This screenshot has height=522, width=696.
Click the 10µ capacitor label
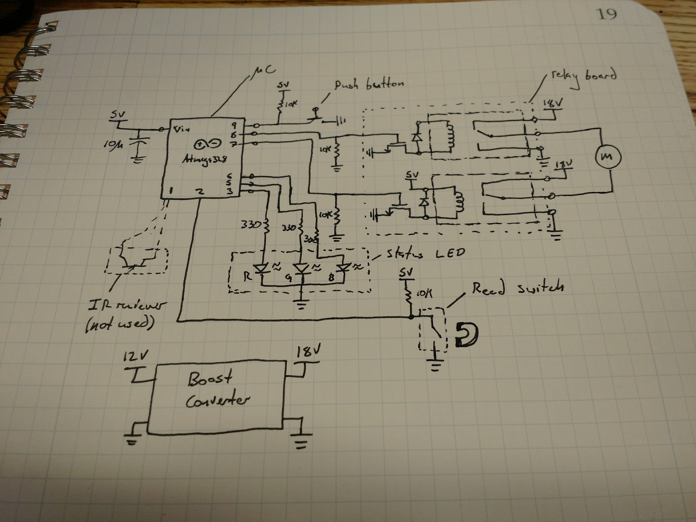[113, 145]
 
